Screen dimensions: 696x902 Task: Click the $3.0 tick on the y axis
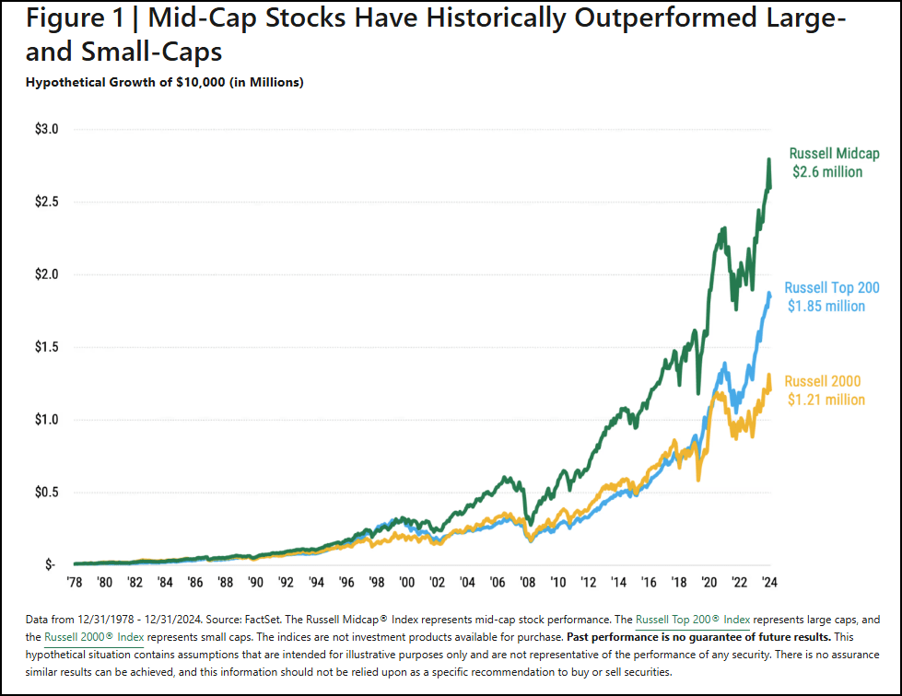pyautogui.click(x=45, y=130)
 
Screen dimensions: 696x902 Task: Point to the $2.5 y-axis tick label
pyautogui.click(x=45, y=202)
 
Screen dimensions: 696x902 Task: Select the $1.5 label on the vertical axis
pyautogui.click(x=45, y=347)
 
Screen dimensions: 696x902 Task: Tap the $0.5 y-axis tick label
pyautogui.click(x=45, y=493)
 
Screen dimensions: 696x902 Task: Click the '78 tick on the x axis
pyautogui.click(x=76, y=583)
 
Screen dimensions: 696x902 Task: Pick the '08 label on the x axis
pyautogui.click(x=527, y=583)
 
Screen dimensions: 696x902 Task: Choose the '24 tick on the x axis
pyautogui.click(x=767, y=583)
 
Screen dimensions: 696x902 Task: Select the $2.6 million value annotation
pyautogui.click(x=827, y=172)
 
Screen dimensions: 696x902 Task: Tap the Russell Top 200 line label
pyautogui.click(x=832, y=288)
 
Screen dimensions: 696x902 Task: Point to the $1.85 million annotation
pyautogui.click(x=826, y=307)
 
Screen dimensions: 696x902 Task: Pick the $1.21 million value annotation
pyautogui.click(x=826, y=400)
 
